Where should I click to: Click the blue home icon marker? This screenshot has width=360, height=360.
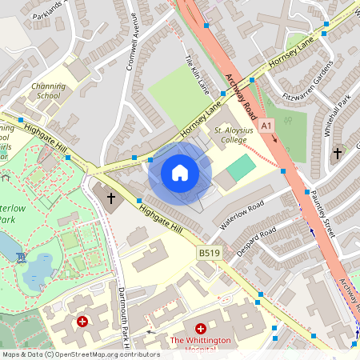coord(180,172)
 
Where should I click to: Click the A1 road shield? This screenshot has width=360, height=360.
coord(266,126)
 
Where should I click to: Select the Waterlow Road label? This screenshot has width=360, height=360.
coord(242,215)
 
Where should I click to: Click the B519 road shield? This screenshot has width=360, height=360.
coord(210,254)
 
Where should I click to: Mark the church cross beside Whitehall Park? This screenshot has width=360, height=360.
coord(337,152)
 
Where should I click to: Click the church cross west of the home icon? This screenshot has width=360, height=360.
coord(110,197)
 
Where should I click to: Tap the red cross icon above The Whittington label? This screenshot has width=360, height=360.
coord(200,329)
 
